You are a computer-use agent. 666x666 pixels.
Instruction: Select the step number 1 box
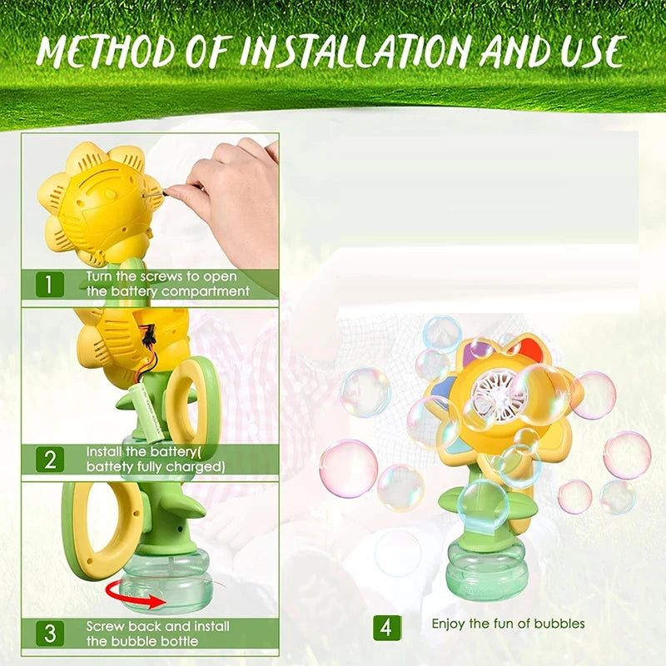48,284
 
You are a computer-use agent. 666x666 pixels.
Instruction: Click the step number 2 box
48,459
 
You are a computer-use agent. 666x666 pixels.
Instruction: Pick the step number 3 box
48,632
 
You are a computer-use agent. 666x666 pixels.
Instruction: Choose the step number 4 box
385,627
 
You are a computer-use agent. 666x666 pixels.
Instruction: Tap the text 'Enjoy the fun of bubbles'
508,624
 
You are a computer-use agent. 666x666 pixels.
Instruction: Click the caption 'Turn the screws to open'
162,276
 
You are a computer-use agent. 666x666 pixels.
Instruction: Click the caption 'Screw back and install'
157,625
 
